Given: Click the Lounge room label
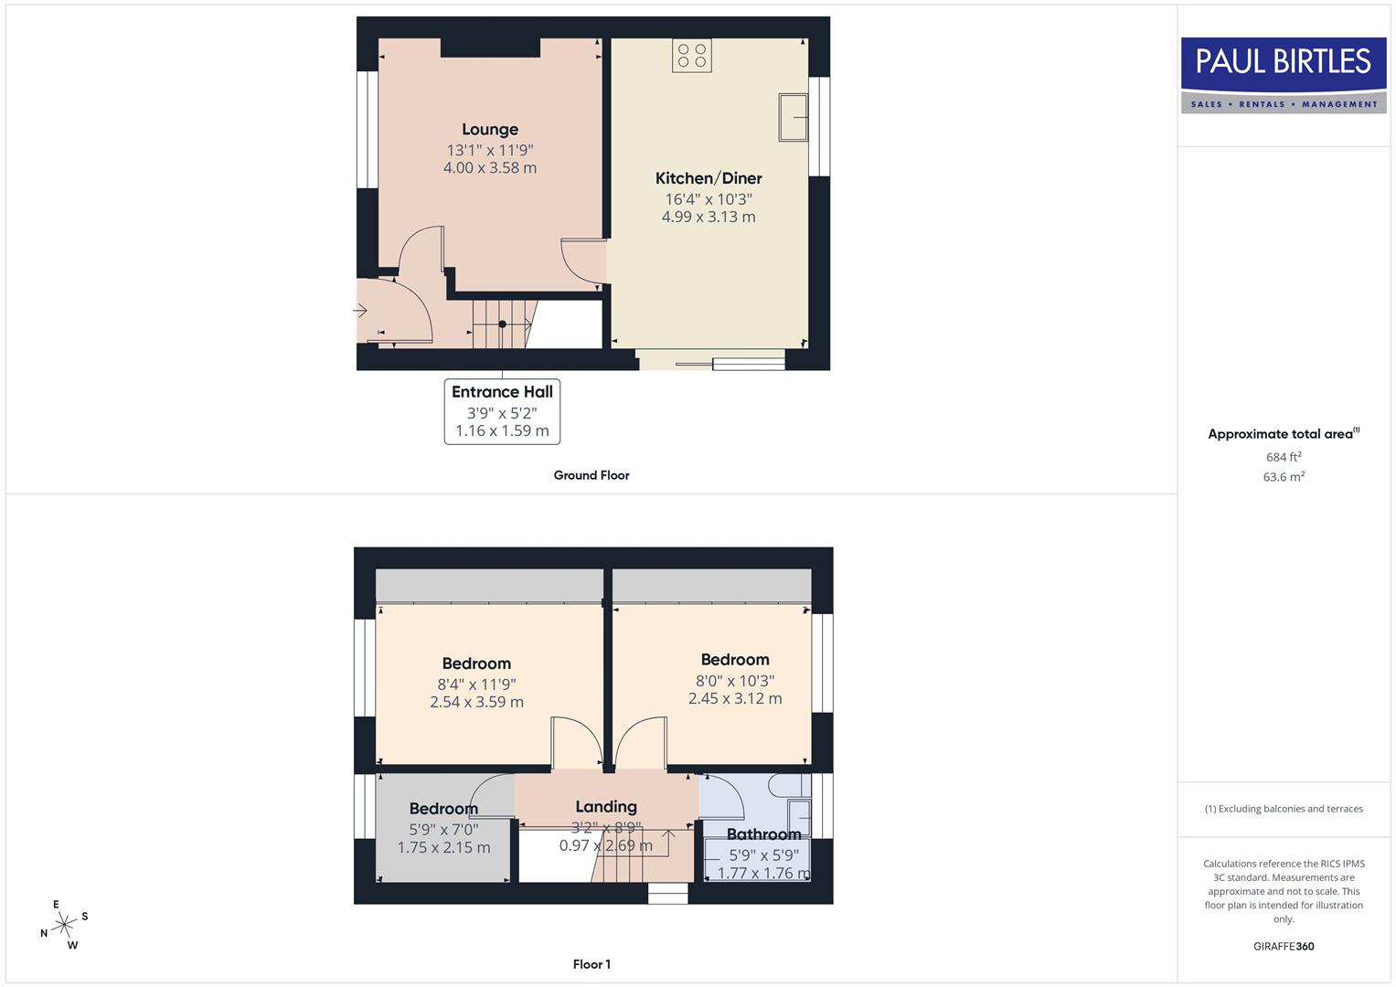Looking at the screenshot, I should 489,130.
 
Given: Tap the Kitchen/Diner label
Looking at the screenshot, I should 709,178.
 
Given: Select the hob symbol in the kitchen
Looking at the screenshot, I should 691,55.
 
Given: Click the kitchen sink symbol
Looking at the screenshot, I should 793,117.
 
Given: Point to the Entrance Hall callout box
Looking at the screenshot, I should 502,411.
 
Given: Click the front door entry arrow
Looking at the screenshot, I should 360,312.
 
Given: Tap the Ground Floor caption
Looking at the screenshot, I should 591,475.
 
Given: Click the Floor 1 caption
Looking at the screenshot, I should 591,964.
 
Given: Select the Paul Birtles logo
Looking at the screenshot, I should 1284,75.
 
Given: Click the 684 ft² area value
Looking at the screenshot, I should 1284,457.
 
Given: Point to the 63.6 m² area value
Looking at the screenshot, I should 1284,477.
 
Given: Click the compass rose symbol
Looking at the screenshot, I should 64,926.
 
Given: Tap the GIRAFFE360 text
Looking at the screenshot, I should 1284,947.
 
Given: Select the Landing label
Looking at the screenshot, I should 606,806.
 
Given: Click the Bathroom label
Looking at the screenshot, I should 763,833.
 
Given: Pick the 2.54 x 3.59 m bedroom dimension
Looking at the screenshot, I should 476,702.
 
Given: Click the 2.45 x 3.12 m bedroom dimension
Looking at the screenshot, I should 735,698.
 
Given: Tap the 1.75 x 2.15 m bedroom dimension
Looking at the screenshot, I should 443,847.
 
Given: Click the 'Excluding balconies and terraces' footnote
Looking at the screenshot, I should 1284,809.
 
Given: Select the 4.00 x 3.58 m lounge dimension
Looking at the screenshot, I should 489,168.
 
